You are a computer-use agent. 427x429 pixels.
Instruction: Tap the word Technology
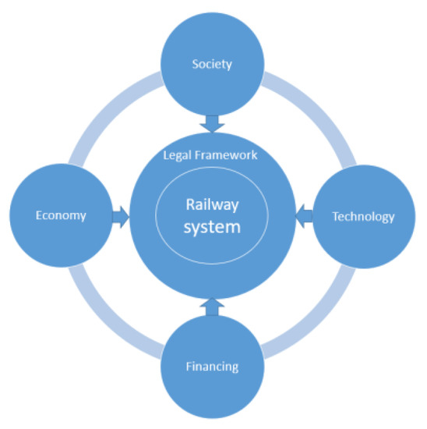click(363, 216)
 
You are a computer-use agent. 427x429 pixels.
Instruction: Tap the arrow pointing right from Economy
click(119, 216)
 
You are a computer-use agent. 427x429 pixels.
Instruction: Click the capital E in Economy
click(39, 216)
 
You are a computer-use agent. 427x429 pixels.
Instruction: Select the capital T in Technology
click(335, 216)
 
